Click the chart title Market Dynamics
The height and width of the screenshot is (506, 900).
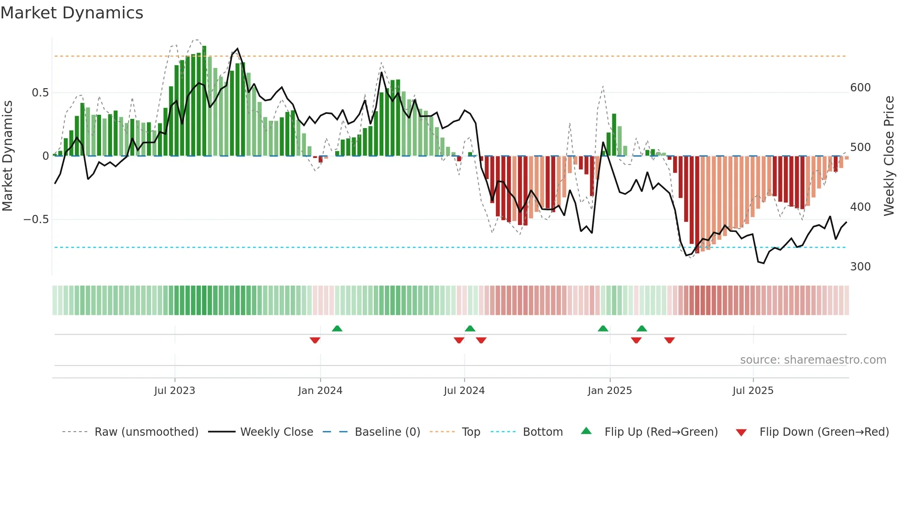pyautogui.click(x=72, y=13)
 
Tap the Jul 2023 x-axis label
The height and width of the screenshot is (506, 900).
pyautogui.click(x=174, y=391)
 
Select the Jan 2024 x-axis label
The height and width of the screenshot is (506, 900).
pyautogui.click(x=320, y=391)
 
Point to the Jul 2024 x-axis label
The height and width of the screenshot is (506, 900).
pyautogui.click(x=464, y=391)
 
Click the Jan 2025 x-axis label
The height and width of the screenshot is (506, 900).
pyautogui.click(x=610, y=391)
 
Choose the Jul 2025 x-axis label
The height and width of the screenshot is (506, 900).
pyautogui.click(x=753, y=391)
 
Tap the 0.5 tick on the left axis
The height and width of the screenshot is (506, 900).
pyautogui.click(x=40, y=93)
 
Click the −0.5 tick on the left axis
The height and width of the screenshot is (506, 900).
pyautogui.click(x=36, y=219)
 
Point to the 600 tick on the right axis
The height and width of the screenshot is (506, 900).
pyautogui.click(x=861, y=88)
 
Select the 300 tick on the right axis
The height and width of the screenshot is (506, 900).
pyautogui.click(x=861, y=267)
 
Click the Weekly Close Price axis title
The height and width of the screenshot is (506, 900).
pyautogui.click(x=889, y=156)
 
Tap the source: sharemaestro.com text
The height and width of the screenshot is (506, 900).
pyautogui.click(x=813, y=360)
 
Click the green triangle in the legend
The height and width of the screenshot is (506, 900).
pyautogui.click(x=586, y=431)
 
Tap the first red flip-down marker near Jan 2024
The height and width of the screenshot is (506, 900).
pyautogui.click(x=315, y=340)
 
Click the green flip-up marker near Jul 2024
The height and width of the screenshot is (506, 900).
pyautogui.click(x=470, y=328)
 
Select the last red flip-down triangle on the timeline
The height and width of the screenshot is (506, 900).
pyautogui.click(x=669, y=340)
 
